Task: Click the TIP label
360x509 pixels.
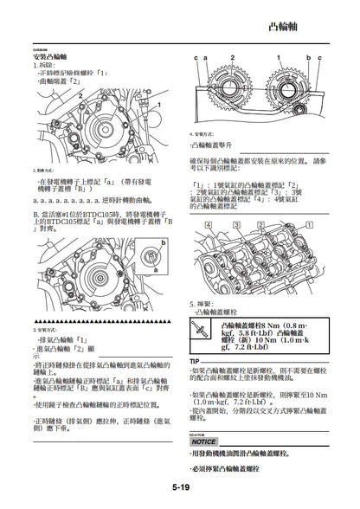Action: (x=195, y=360)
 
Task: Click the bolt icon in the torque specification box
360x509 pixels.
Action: (x=202, y=332)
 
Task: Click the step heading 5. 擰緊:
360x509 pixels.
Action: (x=203, y=304)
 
